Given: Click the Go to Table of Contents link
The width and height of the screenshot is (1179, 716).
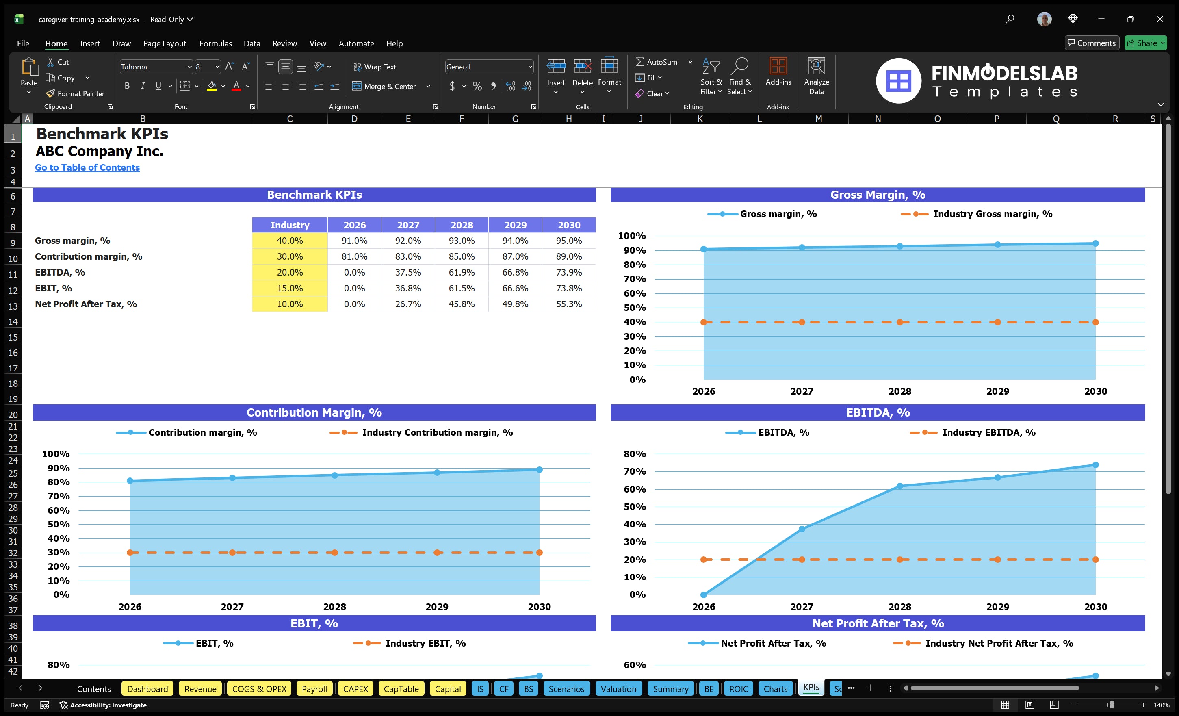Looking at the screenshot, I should click(x=87, y=167).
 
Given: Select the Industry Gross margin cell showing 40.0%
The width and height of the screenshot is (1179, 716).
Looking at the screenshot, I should click(x=290, y=241).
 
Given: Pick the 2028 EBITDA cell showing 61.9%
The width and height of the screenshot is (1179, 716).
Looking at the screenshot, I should click(x=461, y=272).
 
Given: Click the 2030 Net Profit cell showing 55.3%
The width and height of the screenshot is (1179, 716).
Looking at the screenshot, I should click(x=568, y=304).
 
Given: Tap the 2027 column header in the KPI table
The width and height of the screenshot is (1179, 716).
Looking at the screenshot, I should click(x=407, y=225).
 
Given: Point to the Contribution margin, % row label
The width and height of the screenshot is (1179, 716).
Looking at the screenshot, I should click(x=89, y=256).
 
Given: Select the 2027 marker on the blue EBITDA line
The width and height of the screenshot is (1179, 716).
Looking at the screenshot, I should click(x=802, y=529).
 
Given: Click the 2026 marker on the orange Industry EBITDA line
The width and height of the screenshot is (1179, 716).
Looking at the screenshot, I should click(x=703, y=560).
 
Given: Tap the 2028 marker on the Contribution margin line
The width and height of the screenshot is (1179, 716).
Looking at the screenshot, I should click(x=334, y=475).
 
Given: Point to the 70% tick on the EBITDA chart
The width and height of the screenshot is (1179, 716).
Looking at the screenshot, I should click(x=635, y=471).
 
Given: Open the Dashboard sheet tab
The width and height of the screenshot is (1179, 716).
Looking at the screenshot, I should click(x=147, y=689).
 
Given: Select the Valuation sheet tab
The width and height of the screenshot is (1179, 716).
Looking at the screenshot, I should click(x=618, y=689).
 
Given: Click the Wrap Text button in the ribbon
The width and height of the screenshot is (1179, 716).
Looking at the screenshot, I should click(x=375, y=67).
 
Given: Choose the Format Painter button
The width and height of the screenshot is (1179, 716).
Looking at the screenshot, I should click(x=75, y=94).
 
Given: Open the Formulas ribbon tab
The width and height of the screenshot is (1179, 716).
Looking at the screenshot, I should click(x=215, y=43).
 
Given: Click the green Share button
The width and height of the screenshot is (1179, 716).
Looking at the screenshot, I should click(x=1145, y=43).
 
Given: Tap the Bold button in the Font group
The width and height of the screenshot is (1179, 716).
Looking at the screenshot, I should click(x=127, y=86).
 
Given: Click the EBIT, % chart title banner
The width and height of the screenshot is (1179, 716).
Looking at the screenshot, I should click(x=314, y=623).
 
